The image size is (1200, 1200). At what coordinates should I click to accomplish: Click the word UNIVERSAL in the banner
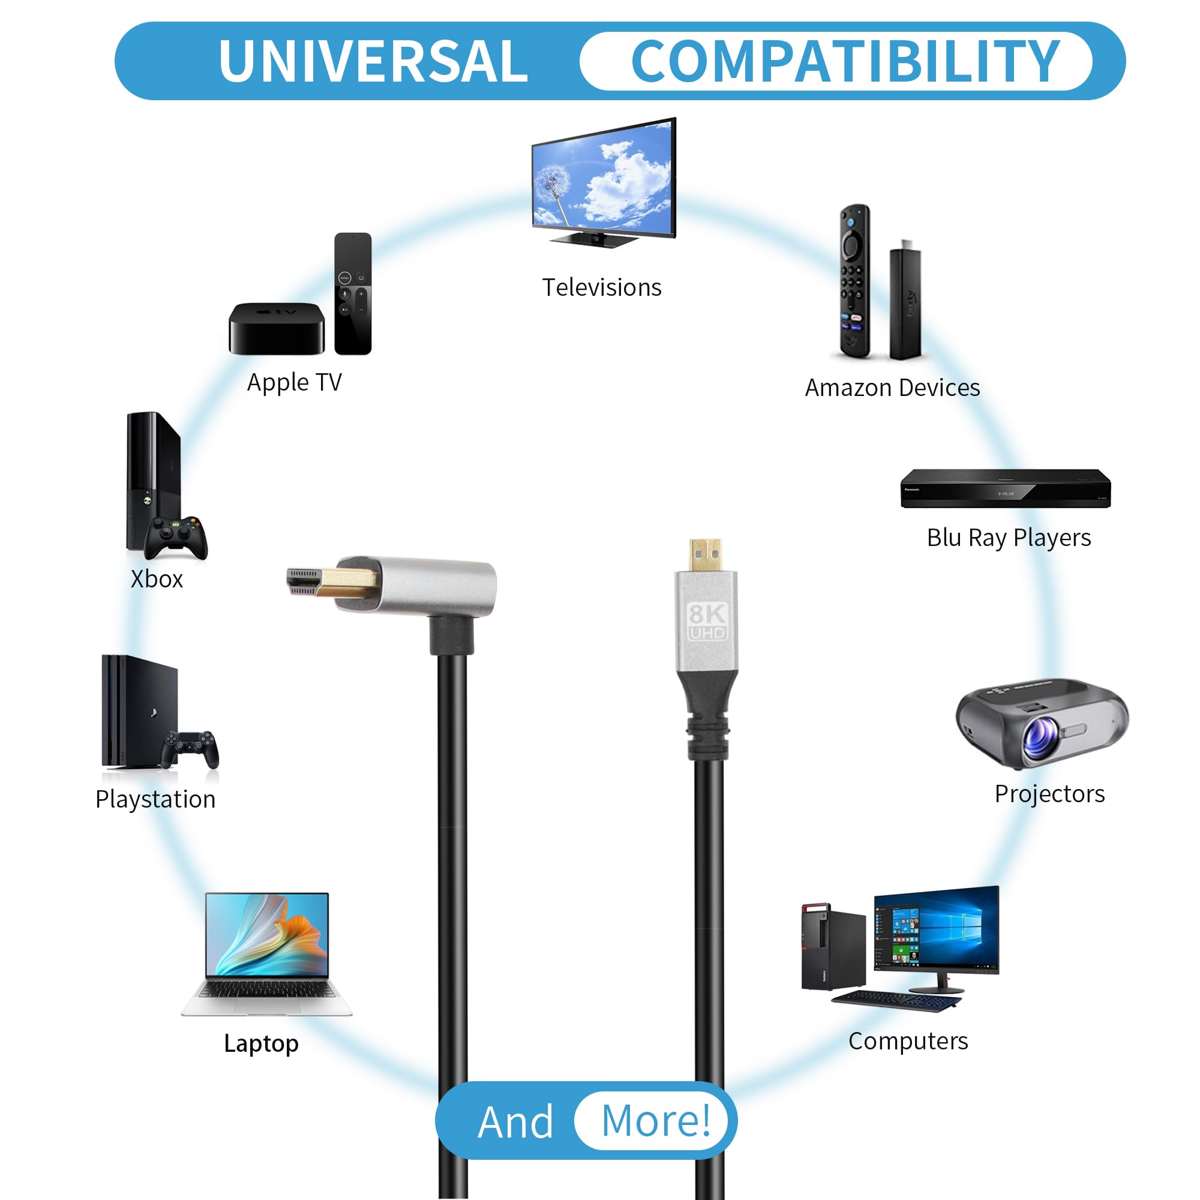pyautogui.click(x=373, y=61)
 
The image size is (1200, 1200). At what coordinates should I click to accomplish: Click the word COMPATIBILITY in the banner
pyautogui.click(x=846, y=61)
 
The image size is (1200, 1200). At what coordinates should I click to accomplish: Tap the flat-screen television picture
pyautogui.click(x=604, y=182)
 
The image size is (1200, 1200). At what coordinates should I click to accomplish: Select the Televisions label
pyautogui.click(x=602, y=287)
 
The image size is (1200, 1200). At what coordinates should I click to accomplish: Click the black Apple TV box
pyautogui.click(x=277, y=329)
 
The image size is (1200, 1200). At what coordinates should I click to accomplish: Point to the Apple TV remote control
pyautogui.click(x=353, y=294)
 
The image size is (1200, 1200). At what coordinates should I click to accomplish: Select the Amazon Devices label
pyautogui.click(x=893, y=388)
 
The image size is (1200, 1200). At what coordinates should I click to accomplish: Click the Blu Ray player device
pyautogui.click(x=1006, y=488)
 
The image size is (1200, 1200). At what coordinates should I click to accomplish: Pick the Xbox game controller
pyautogui.click(x=176, y=537)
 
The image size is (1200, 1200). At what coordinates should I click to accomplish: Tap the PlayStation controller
pyautogui.click(x=190, y=749)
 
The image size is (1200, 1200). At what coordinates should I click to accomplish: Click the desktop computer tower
pyautogui.click(x=833, y=948)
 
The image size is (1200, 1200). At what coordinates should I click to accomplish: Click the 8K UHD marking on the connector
pyautogui.click(x=707, y=622)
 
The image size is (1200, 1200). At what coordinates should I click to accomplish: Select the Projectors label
pyautogui.click(x=1049, y=794)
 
